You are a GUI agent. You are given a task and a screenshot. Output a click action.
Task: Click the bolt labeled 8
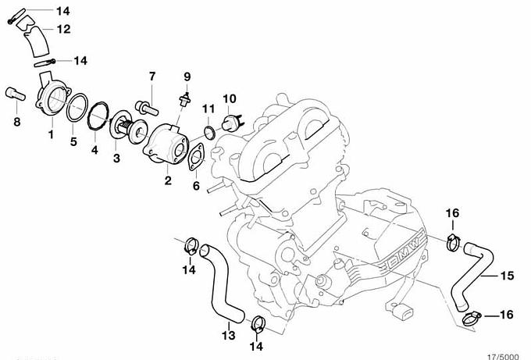(16, 94)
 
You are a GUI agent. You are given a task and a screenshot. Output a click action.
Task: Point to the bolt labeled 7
(147, 107)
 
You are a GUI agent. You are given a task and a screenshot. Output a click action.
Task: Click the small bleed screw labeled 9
(186, 100)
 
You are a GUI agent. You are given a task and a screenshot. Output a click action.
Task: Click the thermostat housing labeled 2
(166, 144)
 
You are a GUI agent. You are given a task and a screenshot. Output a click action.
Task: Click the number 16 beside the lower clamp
(506, 315)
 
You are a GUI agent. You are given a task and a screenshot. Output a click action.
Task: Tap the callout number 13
(229, 335)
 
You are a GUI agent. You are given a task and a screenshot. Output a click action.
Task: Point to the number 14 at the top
(63, 11)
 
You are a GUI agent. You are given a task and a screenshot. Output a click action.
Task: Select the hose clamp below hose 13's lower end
(258, 324)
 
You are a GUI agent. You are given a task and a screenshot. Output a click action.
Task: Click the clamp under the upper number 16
(453, 242)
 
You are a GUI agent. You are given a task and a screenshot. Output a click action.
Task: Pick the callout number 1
(51, 134)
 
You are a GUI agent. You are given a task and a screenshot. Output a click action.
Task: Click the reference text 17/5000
(503, 357)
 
